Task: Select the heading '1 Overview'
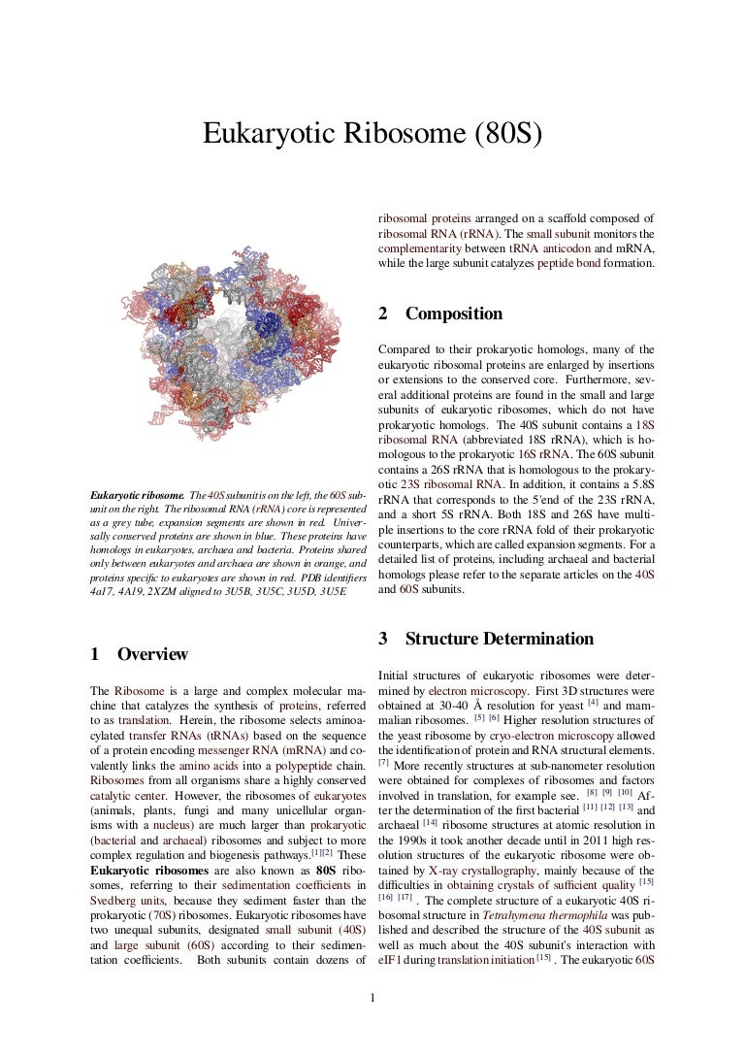click(x=138, y=654)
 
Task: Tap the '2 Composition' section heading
click(x=440, y=313)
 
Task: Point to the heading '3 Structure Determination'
click(x=486, y=639)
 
